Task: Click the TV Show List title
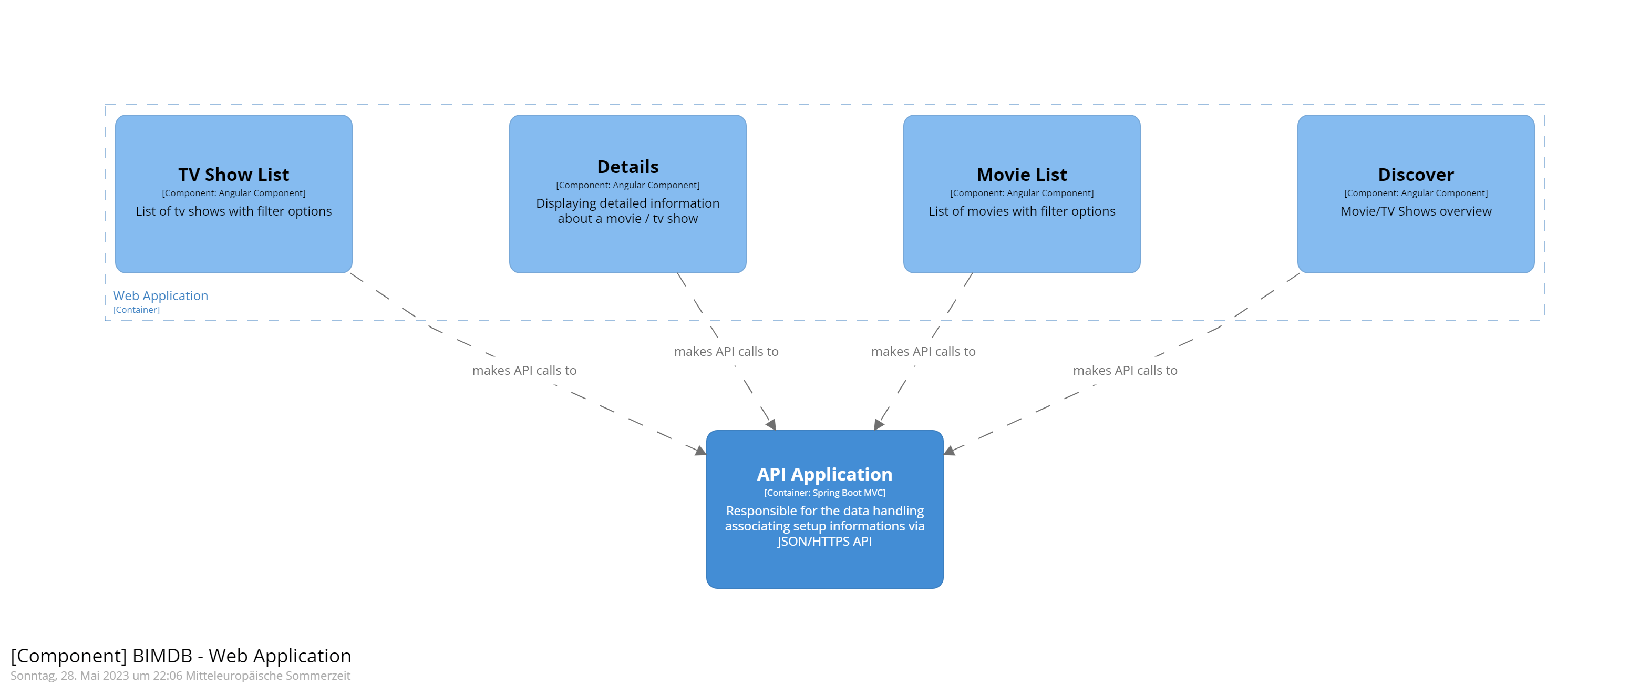pyautogui.click(x=233, y=175)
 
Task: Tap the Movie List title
pyautogui.click(x=1021, y=175)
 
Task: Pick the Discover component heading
pyautogui.click(x=1415, y=175)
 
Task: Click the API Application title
pyautogui.click(x=824, y=474)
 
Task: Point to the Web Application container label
pyautogui.click(x=160, y=295)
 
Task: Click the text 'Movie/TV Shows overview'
pyautogui.click(x=1415, y=211)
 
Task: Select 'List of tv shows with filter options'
pyautogui.click(x=233, y=211)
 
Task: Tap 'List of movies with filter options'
pyautogui.click(x=1021, y=211)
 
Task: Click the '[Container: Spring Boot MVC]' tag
pyautogui.click(x=824, y=493)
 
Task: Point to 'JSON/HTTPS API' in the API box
pyautogui.click(x=824, y=541)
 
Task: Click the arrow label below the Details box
pyautogui.click(x=726, y=351)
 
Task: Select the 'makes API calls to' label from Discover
pyautogui.click(x=1124, y=370)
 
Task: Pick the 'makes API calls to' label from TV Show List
pyautogui.click(x=524, y=370)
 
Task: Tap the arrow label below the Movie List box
pyautogui.click(x=922, y=351)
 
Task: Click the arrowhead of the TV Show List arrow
pyautogui.click(x=701, y=451)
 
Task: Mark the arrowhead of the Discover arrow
pyautogui.click(x=949, y=451)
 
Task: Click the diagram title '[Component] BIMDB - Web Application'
pyautogui.click(x=181, y=656)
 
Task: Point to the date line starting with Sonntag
pyautogui.click(x=180, y=676)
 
